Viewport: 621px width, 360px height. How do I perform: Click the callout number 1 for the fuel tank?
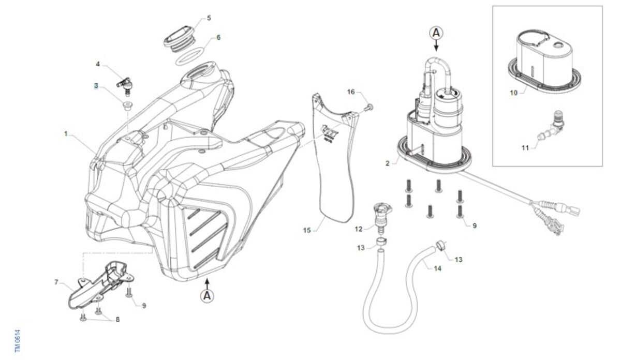[66, 133]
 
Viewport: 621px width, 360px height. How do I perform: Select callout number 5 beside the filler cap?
[209, 18]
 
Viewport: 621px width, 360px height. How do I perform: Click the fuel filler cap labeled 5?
[179, 36]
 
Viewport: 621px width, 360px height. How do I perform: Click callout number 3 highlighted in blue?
[96, 85]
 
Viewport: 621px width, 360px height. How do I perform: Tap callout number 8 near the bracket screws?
[117, 320]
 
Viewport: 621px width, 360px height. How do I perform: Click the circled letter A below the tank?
[207, 296]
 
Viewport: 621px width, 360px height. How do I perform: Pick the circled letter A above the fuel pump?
[436, 33]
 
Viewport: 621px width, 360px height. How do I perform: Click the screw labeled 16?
[368, 108]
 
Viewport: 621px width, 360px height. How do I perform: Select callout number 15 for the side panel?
[307, 229]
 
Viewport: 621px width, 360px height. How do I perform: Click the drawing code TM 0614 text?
[17, 341]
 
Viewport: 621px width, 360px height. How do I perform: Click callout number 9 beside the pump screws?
[474, 225]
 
